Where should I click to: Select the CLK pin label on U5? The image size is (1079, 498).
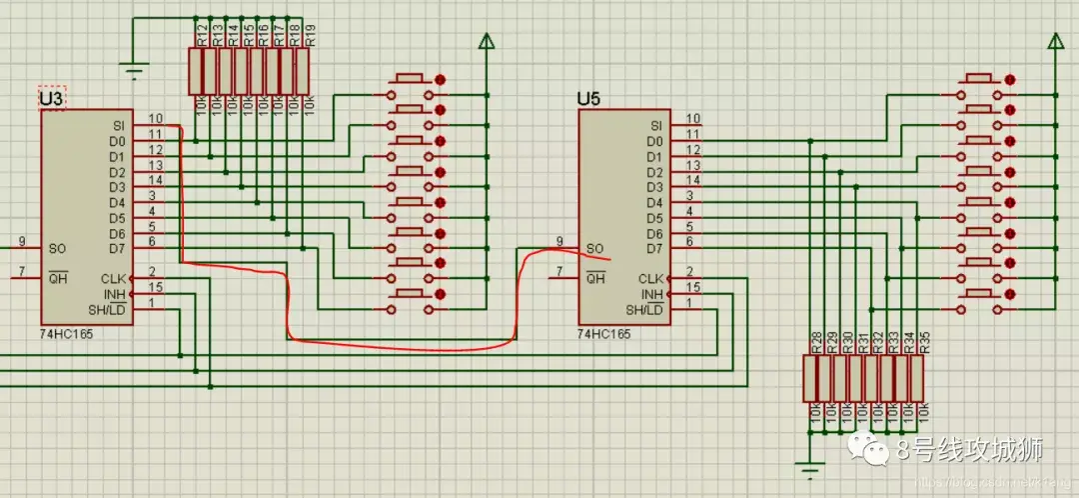[651, 278]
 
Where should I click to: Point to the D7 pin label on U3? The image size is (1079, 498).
[118, 248]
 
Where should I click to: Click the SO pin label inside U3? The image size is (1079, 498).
[56, 248]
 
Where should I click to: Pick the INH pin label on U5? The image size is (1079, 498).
[652, 294]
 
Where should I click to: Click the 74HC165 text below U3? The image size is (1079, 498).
[67, 335]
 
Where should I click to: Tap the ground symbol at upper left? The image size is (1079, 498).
[133, 70]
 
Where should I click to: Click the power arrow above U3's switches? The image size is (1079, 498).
[487, 42]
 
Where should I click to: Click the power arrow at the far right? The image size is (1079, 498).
[1053, 41]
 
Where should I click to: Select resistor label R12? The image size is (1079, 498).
[202, 36]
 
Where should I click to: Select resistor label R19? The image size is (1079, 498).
[310, 36]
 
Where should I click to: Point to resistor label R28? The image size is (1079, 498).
[817, 343]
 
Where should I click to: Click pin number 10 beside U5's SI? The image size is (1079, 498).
[691, 119]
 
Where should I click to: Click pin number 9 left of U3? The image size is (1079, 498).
[21, 241]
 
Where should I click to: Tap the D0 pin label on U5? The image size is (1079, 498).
[656, 141]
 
